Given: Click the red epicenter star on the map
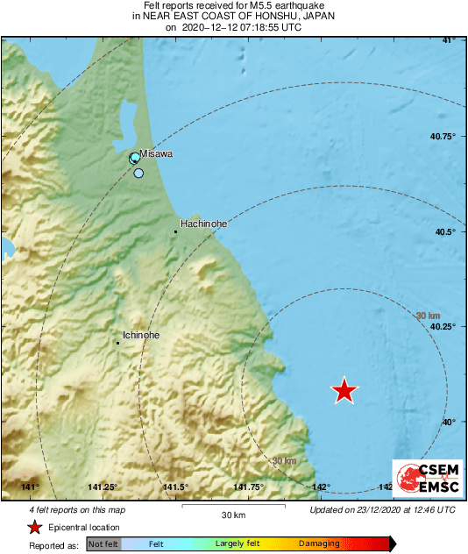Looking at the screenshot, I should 345,391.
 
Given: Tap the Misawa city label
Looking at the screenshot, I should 156,153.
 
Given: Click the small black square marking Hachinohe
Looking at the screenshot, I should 175,231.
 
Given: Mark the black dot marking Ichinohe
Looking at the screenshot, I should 117,343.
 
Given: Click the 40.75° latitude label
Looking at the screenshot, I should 443,136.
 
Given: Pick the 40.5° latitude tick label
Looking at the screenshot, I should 446,231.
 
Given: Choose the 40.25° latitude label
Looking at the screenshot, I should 443,326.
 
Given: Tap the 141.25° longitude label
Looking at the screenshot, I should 103,487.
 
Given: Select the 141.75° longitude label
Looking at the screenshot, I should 249,487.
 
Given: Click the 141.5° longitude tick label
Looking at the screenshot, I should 176,487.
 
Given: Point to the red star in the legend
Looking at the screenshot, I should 35,527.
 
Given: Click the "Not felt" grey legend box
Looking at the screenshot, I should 103,544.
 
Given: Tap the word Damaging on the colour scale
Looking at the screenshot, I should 320,544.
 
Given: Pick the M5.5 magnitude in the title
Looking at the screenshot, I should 229,6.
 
